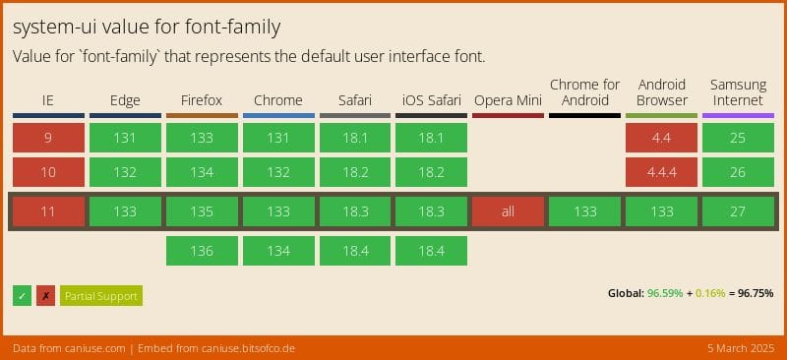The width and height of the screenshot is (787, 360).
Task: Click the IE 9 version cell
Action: (x=47, y=139)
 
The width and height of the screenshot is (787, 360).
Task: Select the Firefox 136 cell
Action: (x=202, y=251)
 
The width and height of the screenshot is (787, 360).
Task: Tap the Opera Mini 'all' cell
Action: (x=508, y=212)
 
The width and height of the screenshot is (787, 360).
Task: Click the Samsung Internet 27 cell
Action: (x=738, y=212)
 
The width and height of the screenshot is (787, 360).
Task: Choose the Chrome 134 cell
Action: (x=278, y=251)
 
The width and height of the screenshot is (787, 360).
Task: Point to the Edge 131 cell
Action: (x=125, y=139)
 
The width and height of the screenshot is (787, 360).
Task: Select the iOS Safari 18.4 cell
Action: (x=431, y=251)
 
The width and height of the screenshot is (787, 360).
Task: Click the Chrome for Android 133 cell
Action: (x=584, y=212)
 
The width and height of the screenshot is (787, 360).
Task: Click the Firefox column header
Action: (x=202, y=100)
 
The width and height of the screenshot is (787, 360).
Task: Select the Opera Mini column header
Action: (x=508, y=100)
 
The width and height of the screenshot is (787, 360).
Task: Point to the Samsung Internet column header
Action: (x=738, y=92)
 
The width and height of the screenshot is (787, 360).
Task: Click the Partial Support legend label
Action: (x=101, y=296)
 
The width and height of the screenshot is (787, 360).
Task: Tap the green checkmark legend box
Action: (x=23, y=296)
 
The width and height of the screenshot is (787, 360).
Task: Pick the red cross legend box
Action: (x=45, y=296)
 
